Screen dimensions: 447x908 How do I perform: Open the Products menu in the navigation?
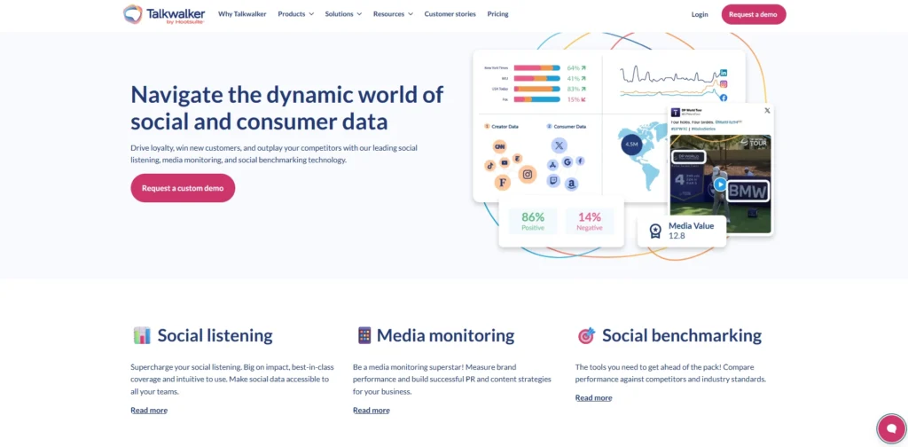(x=295, y=14)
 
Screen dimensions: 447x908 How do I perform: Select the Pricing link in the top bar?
(x=497, y=14)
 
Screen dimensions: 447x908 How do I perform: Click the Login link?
(x=700, y=14)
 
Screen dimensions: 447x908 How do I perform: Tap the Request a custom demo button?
(x=183, y=188)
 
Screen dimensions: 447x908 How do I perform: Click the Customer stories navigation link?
(x=450, y=14)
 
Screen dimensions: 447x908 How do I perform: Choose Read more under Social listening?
(x=149, y=410)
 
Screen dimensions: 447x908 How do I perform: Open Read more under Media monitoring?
(x=371, y=410)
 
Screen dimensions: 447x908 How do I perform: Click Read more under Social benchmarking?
(x=593, y=397)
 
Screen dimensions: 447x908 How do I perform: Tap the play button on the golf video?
(x=720, y=184)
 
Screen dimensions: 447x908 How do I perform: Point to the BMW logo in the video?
(x=748, y=191)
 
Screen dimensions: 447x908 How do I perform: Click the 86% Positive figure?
(x=533, y=221)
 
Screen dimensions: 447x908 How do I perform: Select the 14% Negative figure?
(x=590, y=221)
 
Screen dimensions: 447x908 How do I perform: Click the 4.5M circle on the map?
(x=631, y=144)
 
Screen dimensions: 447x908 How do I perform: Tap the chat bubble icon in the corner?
(x=889, y=428)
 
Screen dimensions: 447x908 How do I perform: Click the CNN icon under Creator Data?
(x=500, y=147)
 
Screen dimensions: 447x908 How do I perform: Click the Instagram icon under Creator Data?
(x=528, y=175)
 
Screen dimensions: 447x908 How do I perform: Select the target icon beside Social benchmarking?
(x=586, y=336)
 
